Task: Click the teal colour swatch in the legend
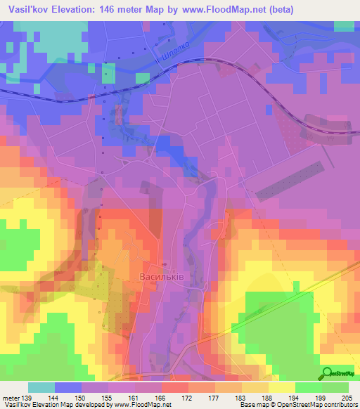[41, 387]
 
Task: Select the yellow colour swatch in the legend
[281, 387]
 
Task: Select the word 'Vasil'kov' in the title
[26, 9]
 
